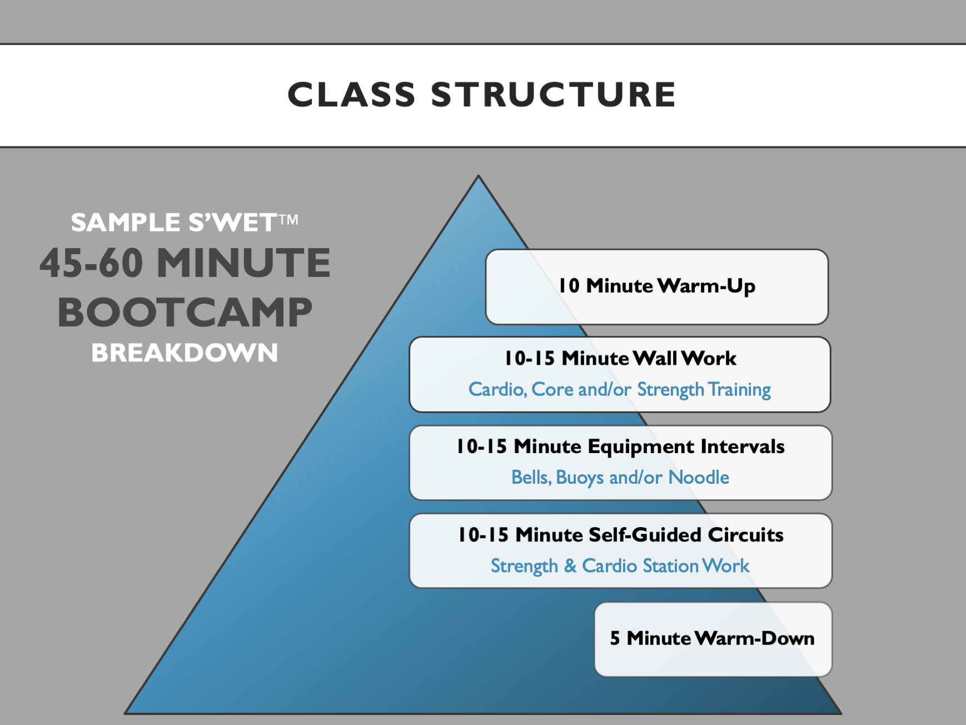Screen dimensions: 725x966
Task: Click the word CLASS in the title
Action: click(351, 95)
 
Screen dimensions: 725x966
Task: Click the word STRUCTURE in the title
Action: click(553, 95)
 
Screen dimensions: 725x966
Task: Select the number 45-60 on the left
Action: click(91, 263)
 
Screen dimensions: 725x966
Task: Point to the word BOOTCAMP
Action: click(185, 312)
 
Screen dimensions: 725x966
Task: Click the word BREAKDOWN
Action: click(185, 353)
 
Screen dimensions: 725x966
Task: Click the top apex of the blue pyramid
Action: click(479, 178)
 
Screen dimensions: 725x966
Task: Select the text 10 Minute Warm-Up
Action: click(657, 286)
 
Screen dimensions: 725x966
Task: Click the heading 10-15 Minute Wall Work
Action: click(620, 358)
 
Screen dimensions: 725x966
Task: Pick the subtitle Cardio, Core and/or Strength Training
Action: click(620, 389)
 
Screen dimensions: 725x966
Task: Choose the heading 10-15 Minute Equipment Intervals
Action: click(620, 446)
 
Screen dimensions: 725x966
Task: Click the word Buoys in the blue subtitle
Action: click(580, 478)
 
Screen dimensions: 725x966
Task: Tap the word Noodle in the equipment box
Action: click(699, 477)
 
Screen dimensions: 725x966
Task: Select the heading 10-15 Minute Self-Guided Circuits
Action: click(620, 535)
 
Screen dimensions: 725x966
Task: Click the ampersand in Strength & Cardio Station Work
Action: click(570, 566)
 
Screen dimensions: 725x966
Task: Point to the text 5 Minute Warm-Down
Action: click(712, 638)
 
